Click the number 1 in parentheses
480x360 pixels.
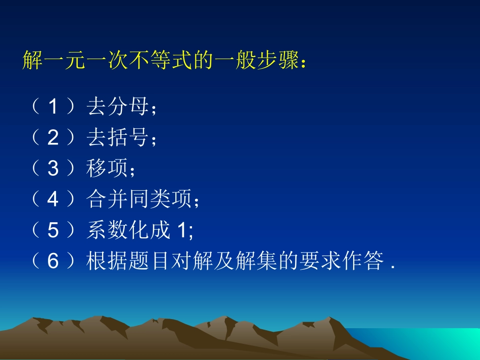[x=54, y=107]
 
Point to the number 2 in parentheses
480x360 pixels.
[x=54, y=138]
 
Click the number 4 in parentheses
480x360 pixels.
[x=54, y=200]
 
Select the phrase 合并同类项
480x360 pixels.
[x=139, y=200]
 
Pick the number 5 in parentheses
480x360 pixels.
[x=54, y=231]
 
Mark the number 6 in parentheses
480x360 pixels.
[x=54, y=262]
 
